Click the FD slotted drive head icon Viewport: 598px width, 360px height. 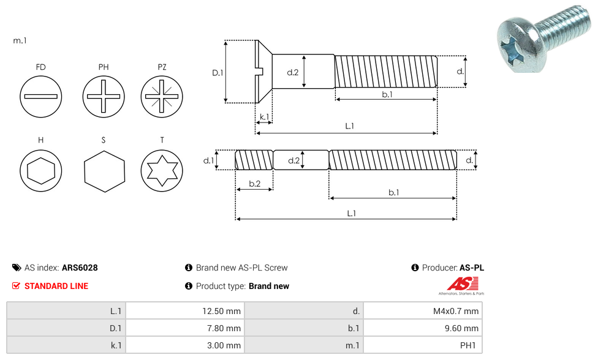(x=41, y=96)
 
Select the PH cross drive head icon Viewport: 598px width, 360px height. (x=104, y=96)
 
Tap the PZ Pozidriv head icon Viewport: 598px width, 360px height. (x=162, y=96)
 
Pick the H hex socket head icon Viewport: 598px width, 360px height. (x=41, y=170)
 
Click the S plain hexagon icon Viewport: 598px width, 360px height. (x=104, y=171)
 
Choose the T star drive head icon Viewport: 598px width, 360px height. (x=162, y=170)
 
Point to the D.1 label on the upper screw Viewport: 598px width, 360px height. (x=218, y=73)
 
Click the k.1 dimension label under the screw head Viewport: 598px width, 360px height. (x=264, y=116)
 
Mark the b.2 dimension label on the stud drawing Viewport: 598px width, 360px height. (x=255, y=184)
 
